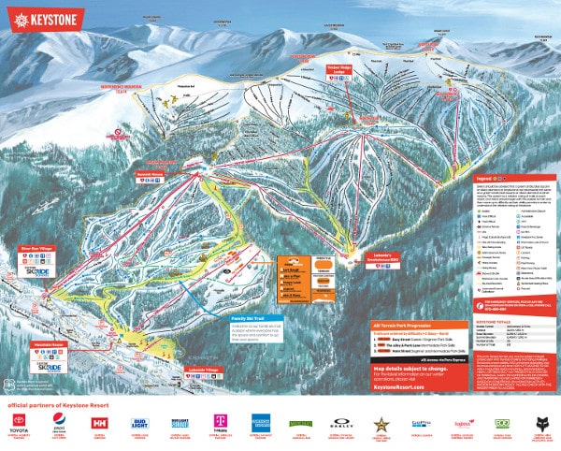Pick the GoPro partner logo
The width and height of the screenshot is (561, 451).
420,423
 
